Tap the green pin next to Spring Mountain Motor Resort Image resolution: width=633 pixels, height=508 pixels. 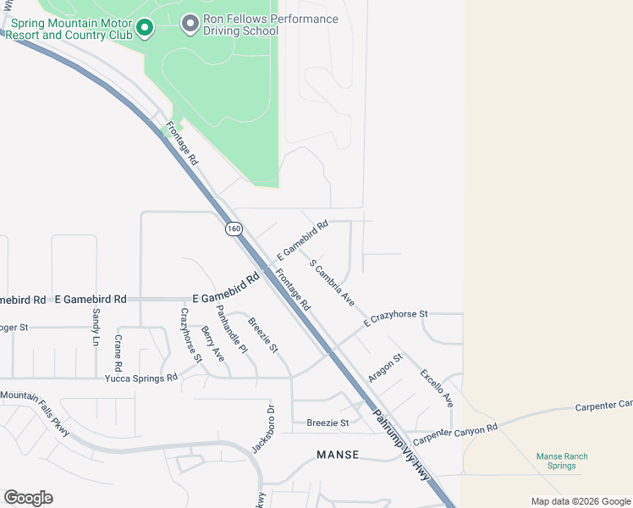(145, 29)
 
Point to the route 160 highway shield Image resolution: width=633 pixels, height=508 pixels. (234, 229)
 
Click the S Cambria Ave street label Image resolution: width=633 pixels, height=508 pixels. (332, 283)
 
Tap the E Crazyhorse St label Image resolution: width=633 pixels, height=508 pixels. (396, 317)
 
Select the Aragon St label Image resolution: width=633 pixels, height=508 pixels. (384, 367)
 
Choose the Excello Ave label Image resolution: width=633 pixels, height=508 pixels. (437, 387)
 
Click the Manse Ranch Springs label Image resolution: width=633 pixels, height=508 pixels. (561, 461)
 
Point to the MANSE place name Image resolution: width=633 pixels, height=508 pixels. (338, 455)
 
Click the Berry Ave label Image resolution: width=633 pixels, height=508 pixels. (212, 343)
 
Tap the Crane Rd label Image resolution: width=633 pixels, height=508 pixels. (118, 353)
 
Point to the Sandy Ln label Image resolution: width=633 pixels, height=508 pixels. (95, 326)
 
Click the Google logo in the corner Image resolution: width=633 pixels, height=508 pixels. (28, 498)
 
